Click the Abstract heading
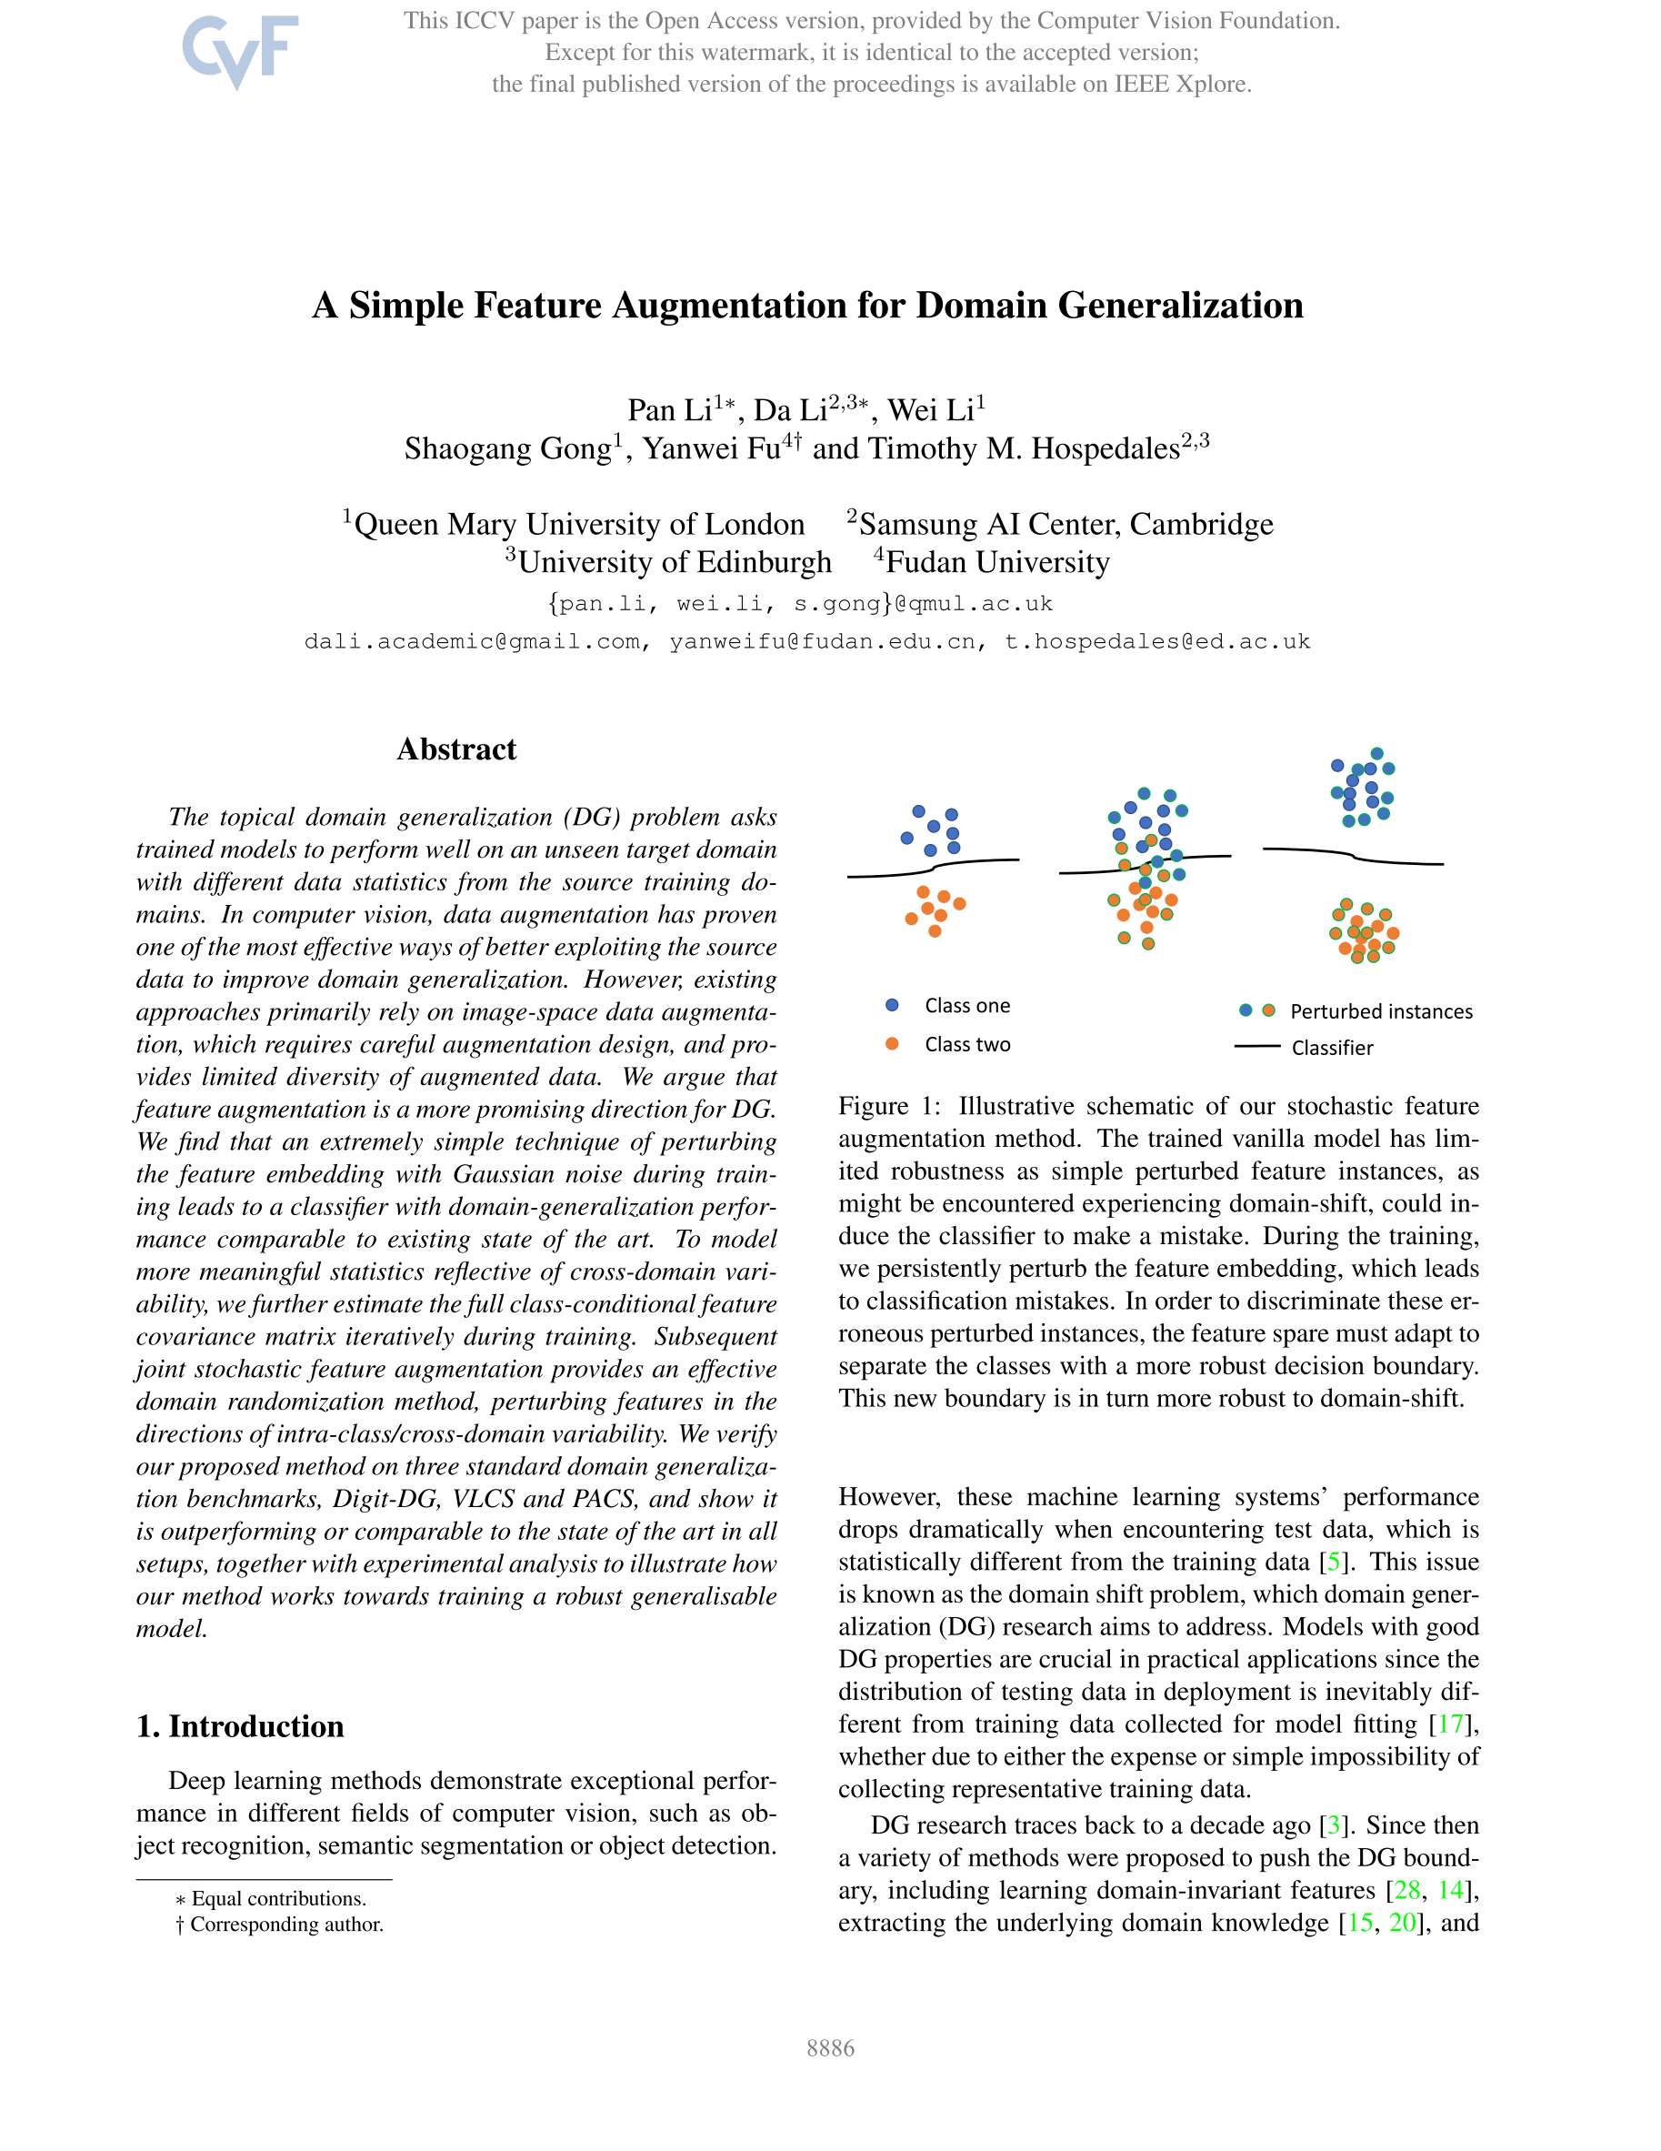pos(455,749)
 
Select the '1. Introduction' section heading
pos(240,1726)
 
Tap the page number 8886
pos(830,2048)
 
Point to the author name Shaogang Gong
pos(508,449)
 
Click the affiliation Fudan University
pos(997,562)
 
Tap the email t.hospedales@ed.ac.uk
pos(1157,642)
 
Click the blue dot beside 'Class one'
pos(892,1006)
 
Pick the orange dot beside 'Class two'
pos(892,1044)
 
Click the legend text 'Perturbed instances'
pos(1381,1011)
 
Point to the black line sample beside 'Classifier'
pos(1257,1047)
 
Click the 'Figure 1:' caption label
pos(889,1106)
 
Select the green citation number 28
pos(1407,1890)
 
